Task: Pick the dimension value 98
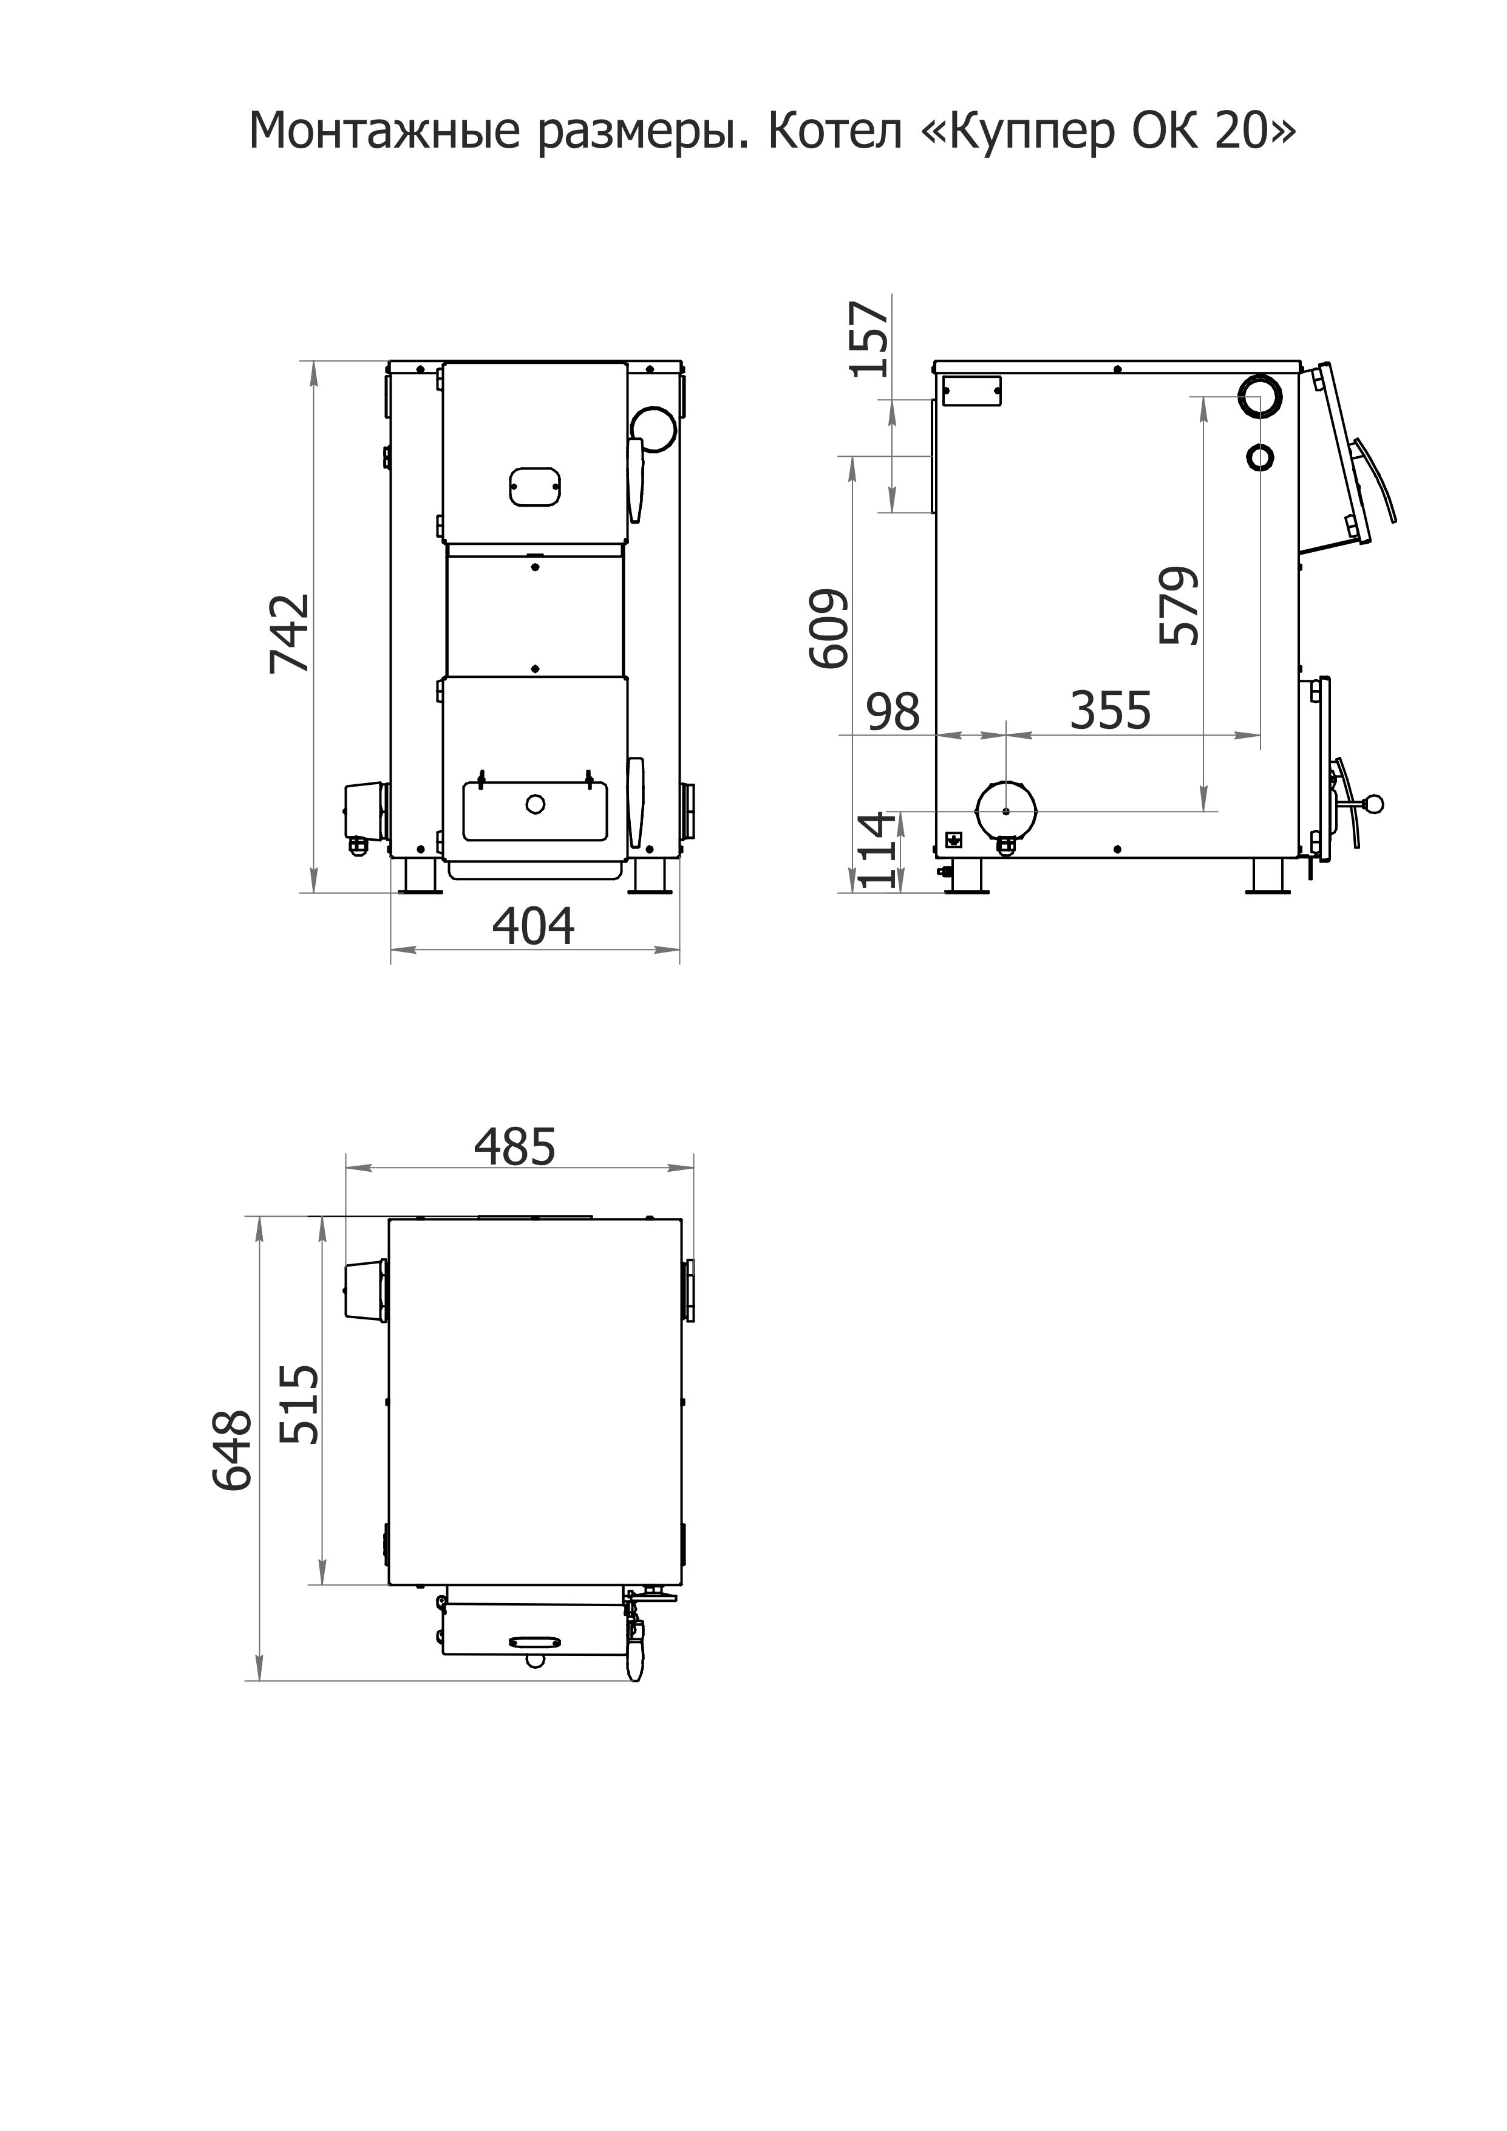pos(893,712)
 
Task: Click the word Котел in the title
pos(835,132)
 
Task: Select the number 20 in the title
pos(1240,132)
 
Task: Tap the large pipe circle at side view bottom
pos(1007,810)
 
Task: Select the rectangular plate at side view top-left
pos(971,390)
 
